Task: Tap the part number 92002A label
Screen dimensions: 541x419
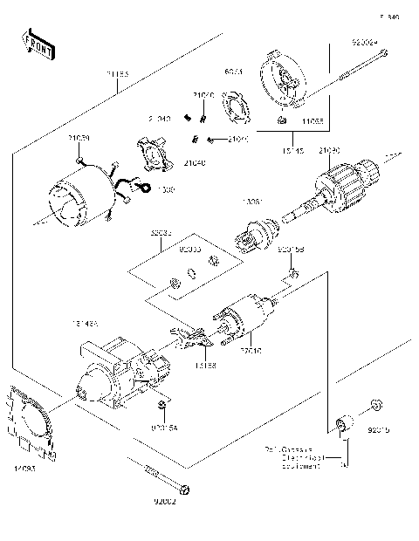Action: (x=365, y=40)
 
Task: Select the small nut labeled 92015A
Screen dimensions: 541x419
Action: (x=162, y=407)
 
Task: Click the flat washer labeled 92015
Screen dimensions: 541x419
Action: (x=374, y=404)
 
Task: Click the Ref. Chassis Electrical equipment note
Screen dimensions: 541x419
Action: (x=292, y=456)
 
